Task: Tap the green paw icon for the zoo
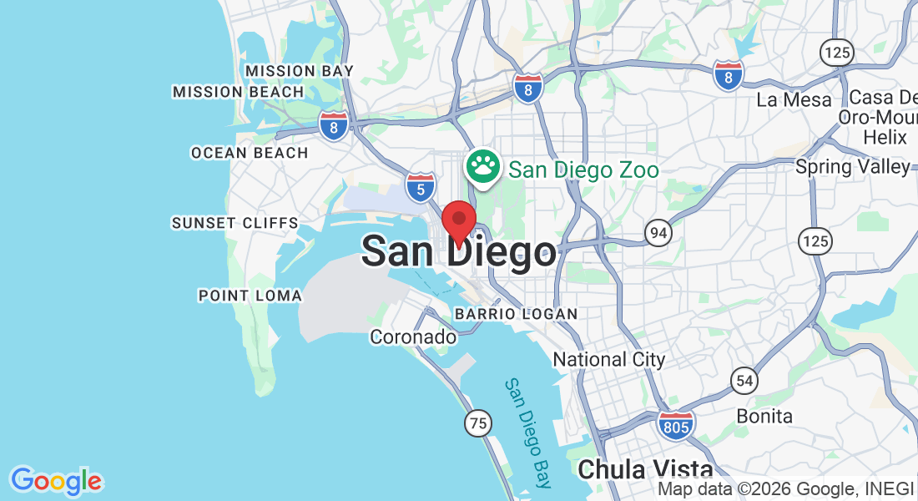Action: pos(483,166)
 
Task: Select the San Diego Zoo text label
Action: pos(583,170)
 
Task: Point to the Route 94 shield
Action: pos(658,233)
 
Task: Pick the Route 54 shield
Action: pos(744,381)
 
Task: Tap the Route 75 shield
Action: pos(477,423)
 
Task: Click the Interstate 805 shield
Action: pos(674,425)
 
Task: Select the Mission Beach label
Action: pos(238,91)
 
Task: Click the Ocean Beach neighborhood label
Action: pos(250,153)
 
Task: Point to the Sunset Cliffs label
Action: pos(235,223)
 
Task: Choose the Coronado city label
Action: pos(413,337)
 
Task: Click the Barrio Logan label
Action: pos(516,314)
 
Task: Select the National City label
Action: pos(609,360)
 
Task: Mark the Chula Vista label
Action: pos(645,469)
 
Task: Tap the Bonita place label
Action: pos(764,416)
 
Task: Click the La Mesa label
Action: pos(794,100)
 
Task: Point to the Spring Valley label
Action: pos(852,167)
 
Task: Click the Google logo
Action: pos(56,481)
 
